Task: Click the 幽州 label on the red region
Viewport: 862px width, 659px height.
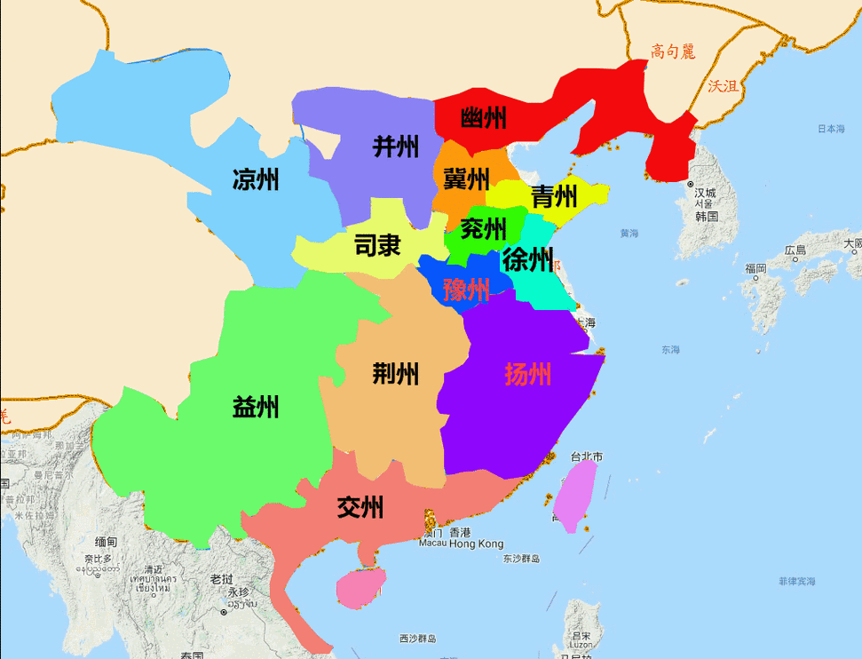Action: click(x=484, y=118)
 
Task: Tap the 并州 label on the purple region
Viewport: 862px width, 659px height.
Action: click(x=396, y=147)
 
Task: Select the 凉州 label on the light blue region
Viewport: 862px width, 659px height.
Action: click(x=256, y=179)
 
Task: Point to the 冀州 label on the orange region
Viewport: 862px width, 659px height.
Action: click(x=466, y=179)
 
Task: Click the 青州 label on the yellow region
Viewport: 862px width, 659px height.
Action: click(x=554, y=196)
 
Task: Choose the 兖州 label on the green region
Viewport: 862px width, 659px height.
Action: click(x=485, y=229)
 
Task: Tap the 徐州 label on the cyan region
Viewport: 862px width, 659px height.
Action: click(x=527, y=260)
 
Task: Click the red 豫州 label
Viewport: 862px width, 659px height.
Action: click(x=466, y=289)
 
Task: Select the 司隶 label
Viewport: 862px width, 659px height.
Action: click(x=377, y=245)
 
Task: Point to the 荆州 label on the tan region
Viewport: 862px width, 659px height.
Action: click(x=395, y=374)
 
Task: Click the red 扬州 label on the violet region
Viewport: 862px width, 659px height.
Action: click(x=527, y=374)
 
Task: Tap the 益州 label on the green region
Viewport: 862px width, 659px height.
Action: click(x=256, y=408)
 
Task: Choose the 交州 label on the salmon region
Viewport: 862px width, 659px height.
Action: click(x=360, y=508)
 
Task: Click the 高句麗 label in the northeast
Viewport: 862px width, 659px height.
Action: click(x=672, y=52)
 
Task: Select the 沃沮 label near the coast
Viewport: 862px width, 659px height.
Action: click(x=723, y=86)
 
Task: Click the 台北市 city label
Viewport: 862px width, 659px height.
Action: click(x=586, y=457)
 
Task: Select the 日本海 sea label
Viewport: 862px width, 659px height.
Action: click(x=831, y=129)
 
